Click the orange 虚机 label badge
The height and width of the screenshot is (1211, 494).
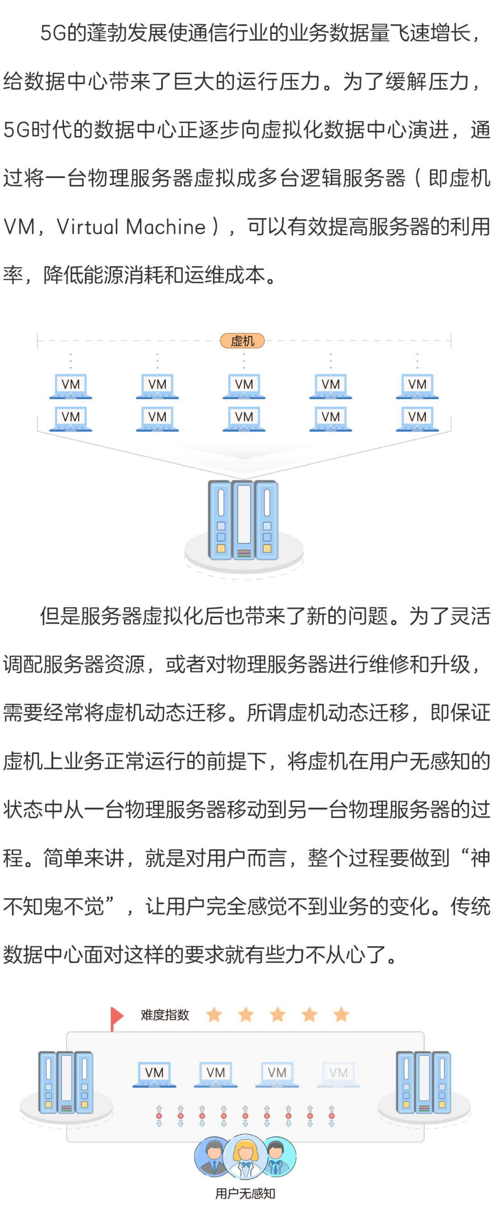click(x=242, y=340)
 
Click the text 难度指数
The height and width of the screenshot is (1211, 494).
click(x=165, y=1015)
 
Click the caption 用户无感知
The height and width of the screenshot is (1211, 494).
click(x=245, y=1194)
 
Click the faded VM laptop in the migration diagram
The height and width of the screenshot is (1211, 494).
click(x=338, y=1074)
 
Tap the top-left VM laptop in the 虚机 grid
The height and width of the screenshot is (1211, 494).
click(x=70, y=386)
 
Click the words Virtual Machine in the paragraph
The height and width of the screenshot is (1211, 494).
click(x=131, y=226)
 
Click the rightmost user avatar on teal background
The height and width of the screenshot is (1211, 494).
click(x=279, y=1157)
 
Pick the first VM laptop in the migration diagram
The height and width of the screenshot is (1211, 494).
click(x=154, y=1074)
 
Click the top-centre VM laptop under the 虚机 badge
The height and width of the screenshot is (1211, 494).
click(x=243, y=386)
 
